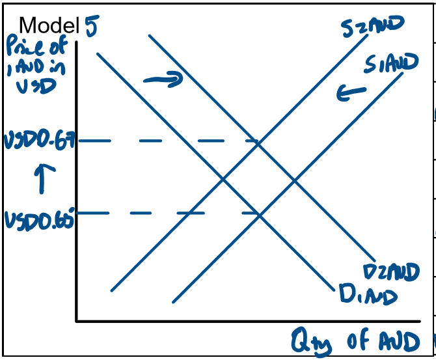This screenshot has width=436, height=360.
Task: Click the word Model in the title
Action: (x=49, y=25)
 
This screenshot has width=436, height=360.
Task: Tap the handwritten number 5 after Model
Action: (x=90, y=27)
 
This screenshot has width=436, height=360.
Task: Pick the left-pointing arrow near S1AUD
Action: (x=351, y=94)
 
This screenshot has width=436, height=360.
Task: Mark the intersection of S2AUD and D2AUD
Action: (x=259, y=142)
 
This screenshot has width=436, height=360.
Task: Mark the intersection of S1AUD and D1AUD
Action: (x=260, y=214)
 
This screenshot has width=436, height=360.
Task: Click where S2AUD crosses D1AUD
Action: (x=223, y=178)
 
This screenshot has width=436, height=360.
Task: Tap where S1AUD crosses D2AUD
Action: (x=295, y=178)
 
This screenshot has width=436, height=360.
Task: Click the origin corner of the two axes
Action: (x=77, y=320)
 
